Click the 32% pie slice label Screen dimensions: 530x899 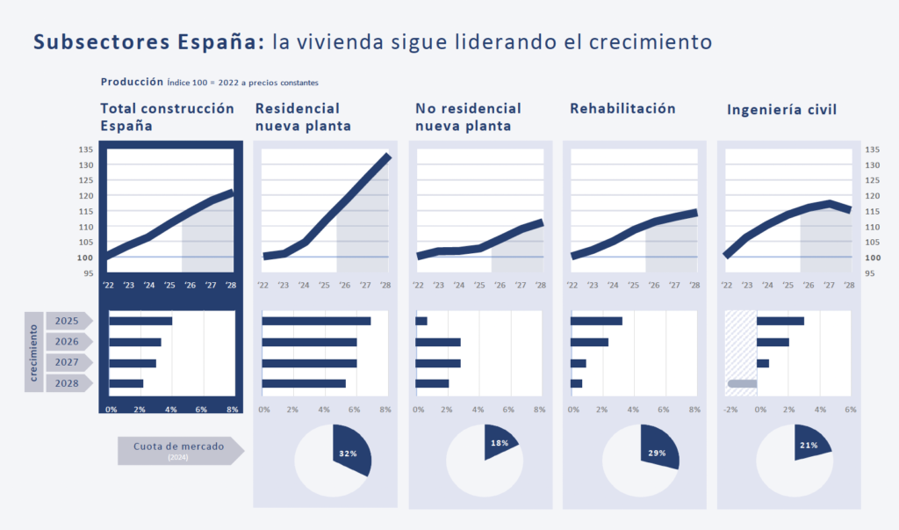tap(347, 454)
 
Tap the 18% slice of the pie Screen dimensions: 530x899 tap(500, 443)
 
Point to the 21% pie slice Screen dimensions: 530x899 tap(809, 445)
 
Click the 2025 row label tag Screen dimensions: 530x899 tap(68, 321)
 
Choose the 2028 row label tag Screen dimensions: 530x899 tap(68, 383)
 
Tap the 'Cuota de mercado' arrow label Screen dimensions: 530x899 tap(179, 449)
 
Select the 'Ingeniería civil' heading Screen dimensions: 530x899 tap(781, 110)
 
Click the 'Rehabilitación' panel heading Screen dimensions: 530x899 tap(622, 108)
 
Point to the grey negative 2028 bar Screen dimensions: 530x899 tap(743, 383)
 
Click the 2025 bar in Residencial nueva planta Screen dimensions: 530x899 tap(316, 321)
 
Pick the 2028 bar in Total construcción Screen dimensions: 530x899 tap(126, 383)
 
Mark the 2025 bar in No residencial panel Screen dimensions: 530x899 tap(421, 321)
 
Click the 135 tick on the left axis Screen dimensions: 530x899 tap(86, 149)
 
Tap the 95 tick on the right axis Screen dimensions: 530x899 tap(873, 273)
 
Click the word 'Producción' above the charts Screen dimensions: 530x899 tap(132, 82)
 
